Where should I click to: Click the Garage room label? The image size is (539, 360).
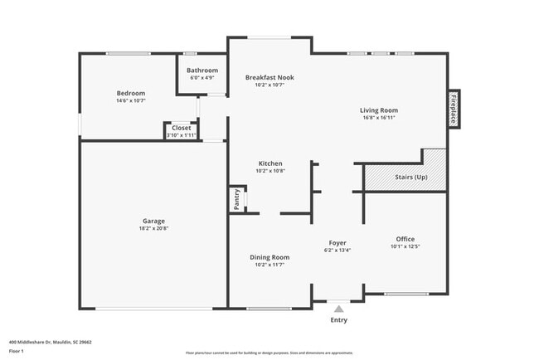153,221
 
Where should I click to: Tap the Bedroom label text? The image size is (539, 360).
131,93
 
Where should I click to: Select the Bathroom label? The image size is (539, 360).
202,71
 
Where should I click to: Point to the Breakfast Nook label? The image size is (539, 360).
269,77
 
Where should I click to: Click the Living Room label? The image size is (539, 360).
378,110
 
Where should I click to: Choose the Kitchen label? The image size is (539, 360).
270,163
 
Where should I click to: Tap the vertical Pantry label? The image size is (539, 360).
236,199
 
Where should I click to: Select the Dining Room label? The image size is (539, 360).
269,257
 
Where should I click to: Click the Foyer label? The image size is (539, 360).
337,242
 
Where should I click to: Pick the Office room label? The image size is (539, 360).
405,239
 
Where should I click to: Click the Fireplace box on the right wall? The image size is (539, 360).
454,109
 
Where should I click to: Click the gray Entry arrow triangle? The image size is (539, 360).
338,308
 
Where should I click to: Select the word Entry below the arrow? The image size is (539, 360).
339,320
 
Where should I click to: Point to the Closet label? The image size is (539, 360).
181,128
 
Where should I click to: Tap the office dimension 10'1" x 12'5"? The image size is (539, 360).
405,246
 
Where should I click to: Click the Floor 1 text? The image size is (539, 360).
17,351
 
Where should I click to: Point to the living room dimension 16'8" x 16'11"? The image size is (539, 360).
378,118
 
